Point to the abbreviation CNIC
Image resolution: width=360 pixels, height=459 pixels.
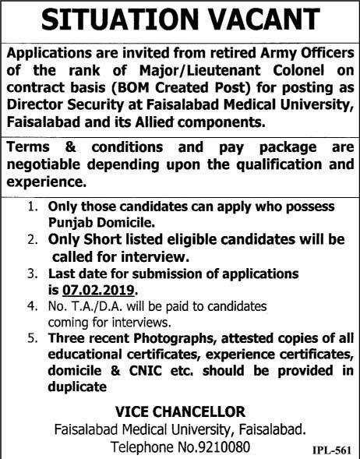click(x=133, y=372)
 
